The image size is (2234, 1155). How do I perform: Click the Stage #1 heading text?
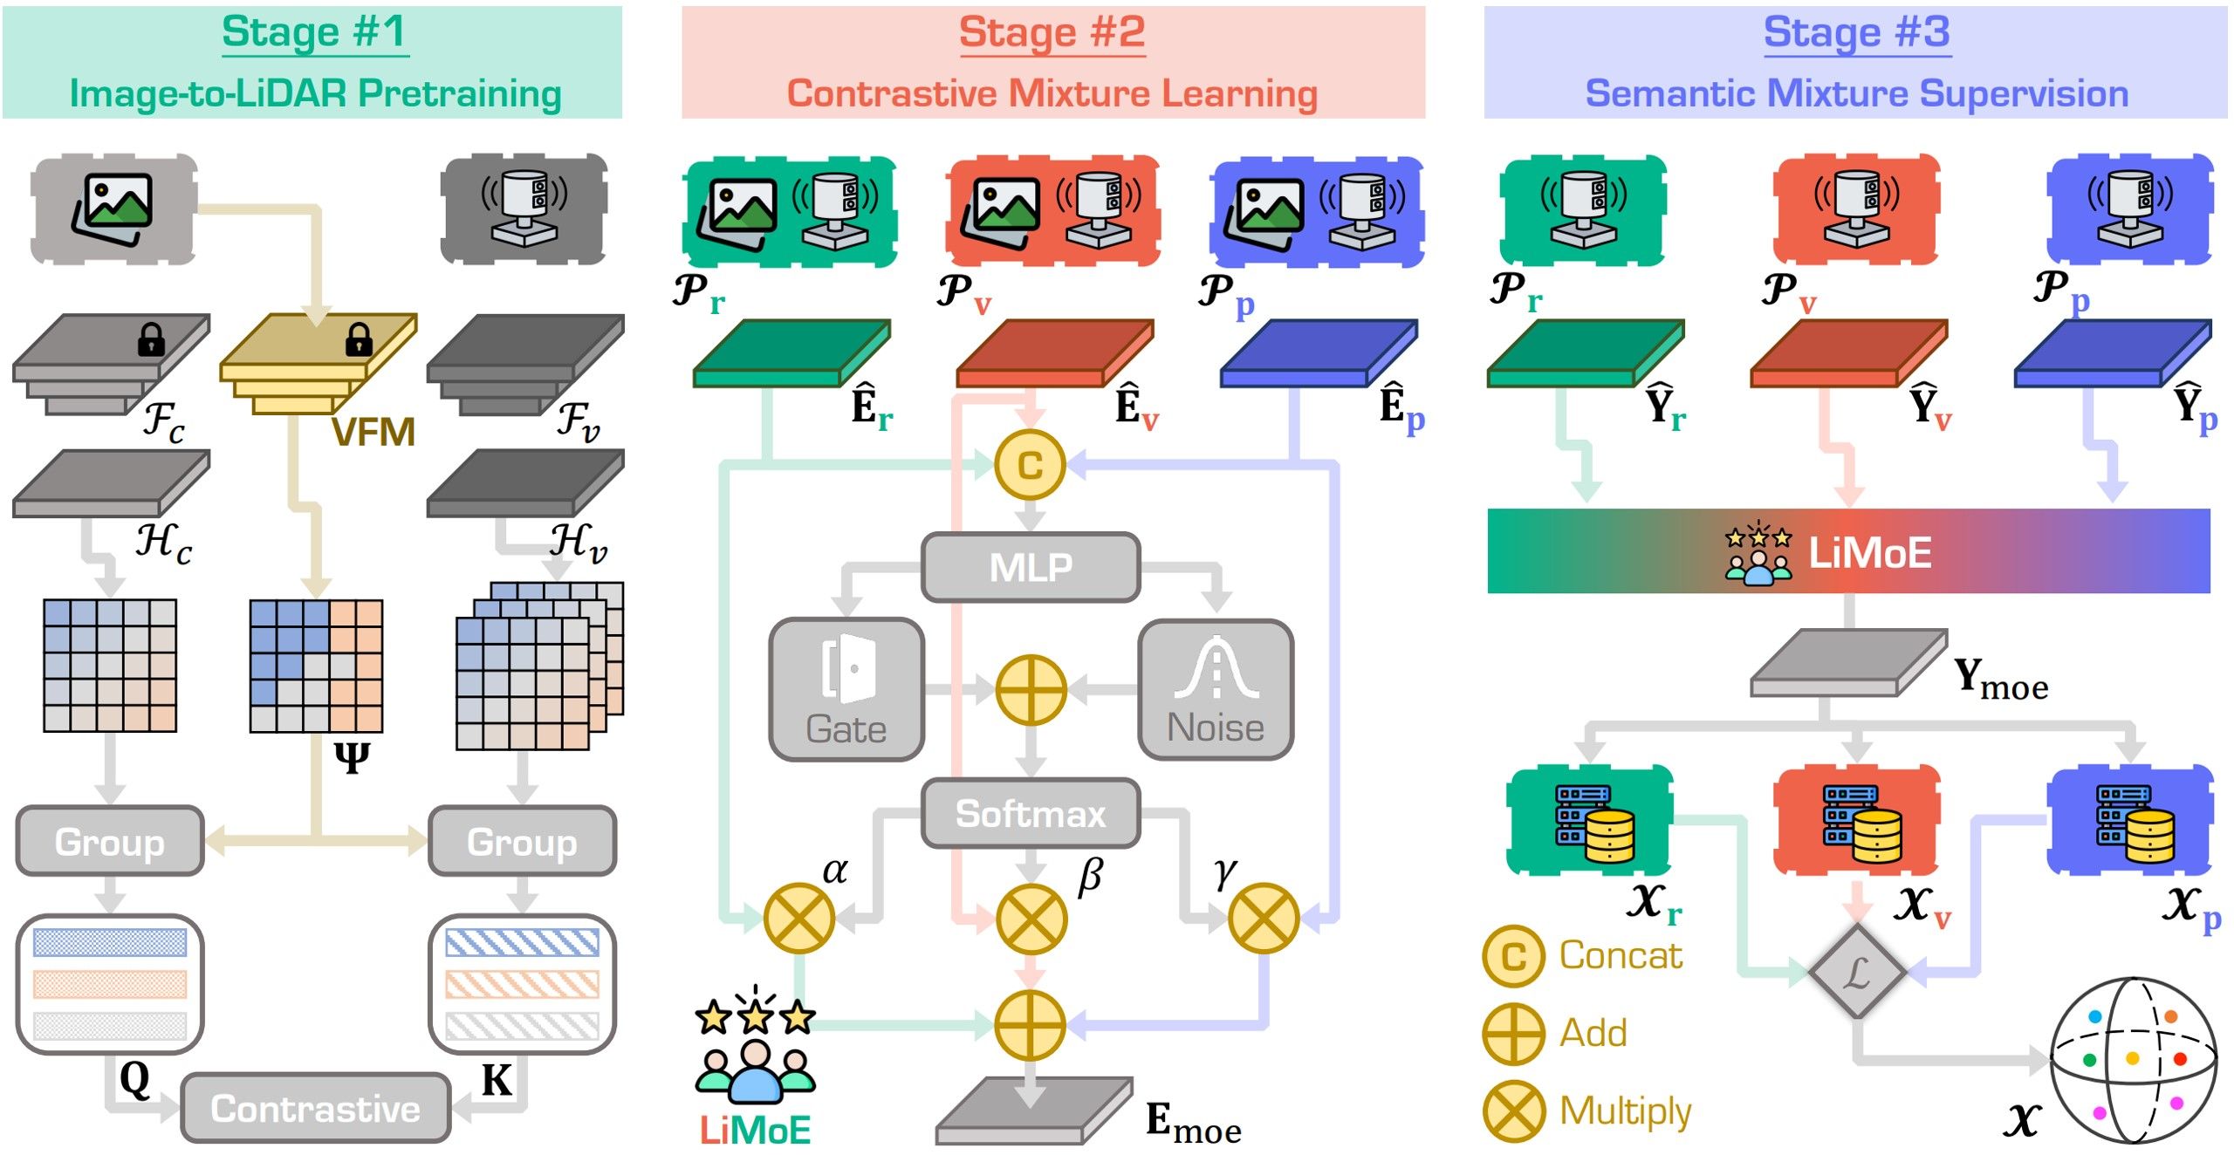coord(314,32)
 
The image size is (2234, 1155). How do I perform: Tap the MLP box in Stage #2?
coord(1031,568)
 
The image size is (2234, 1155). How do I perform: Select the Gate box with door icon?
coord(846,690)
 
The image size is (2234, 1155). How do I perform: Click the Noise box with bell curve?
coord(1216,690)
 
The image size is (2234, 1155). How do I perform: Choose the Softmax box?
coord(1031,814)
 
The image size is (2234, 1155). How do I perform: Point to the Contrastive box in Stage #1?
coord(315,1108)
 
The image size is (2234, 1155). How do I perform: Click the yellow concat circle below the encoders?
coord(1031,465)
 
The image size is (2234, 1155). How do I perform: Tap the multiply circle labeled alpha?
coord(798,918)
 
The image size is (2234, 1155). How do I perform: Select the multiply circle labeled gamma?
coord(1263,918)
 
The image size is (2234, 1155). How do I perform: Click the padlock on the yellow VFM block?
coord(359,339)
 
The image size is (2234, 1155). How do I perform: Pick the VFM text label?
coord(373,433)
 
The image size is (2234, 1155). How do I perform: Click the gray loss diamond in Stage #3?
coord(1857,972)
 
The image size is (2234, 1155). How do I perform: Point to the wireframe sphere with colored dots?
coord(2133,1059)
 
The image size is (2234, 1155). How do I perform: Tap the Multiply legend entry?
coord(1588,1111)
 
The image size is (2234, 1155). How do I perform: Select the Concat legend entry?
coord(1584,956)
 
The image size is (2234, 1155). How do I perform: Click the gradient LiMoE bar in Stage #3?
coord(1848,551)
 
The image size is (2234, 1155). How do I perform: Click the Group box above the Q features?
coord(110,841)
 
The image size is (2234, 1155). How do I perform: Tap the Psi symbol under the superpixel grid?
coord(352,756)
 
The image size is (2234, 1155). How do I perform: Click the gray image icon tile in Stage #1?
coord(113,209)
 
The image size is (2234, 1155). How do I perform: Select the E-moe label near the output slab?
coord(1192,1123)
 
